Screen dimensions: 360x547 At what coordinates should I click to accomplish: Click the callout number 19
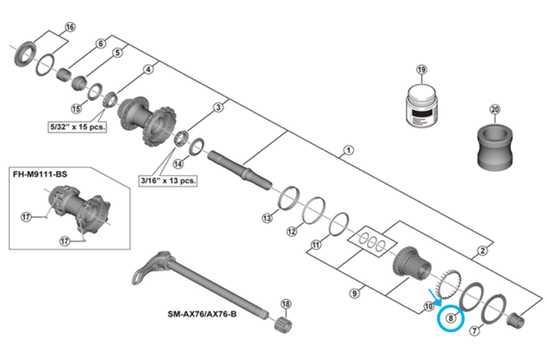421,71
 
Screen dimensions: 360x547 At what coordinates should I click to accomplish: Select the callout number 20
494,109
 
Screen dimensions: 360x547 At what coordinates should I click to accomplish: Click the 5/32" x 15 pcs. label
80,127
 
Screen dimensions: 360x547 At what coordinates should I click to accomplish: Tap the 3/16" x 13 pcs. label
167,178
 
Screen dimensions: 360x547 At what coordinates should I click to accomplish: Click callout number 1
349,150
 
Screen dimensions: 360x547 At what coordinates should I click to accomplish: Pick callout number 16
69,27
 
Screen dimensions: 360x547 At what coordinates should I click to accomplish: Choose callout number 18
286,304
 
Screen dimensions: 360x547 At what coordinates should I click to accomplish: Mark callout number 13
266,218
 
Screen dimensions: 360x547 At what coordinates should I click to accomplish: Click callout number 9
354,292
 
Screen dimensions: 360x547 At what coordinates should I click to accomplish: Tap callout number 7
474,330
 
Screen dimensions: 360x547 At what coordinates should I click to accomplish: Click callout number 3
218,107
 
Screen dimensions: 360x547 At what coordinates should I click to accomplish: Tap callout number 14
178,164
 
